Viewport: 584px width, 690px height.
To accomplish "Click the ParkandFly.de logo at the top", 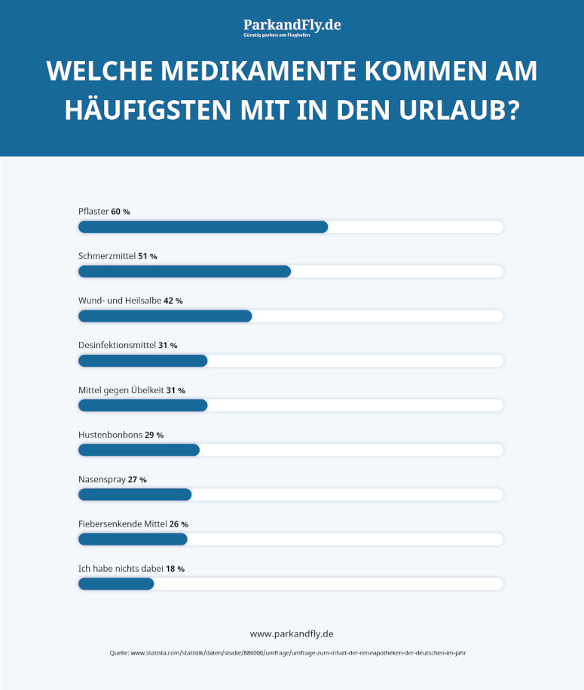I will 292,27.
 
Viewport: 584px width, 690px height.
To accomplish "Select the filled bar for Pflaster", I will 203,227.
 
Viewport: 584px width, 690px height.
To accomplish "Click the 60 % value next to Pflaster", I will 121,212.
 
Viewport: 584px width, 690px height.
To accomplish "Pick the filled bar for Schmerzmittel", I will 185,271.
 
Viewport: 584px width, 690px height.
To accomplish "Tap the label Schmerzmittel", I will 106,256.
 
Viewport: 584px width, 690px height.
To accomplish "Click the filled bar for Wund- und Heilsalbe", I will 165,316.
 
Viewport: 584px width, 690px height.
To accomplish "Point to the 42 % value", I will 173,301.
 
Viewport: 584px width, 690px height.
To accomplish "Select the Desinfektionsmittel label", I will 117,345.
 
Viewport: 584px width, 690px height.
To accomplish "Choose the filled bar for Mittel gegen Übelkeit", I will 142,405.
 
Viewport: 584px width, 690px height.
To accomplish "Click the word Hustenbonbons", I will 110,435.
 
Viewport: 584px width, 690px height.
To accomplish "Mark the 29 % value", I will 154,435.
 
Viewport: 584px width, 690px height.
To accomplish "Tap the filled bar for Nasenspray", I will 135,494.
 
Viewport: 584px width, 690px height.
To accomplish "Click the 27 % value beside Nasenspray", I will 138,479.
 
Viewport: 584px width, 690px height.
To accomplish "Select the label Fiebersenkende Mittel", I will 123,524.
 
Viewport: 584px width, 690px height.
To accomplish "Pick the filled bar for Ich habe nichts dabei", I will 116,584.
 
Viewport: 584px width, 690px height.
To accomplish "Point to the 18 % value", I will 176,569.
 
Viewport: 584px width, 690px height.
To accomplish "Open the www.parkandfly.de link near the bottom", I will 292,634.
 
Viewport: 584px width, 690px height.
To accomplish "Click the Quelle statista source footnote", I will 292,653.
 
